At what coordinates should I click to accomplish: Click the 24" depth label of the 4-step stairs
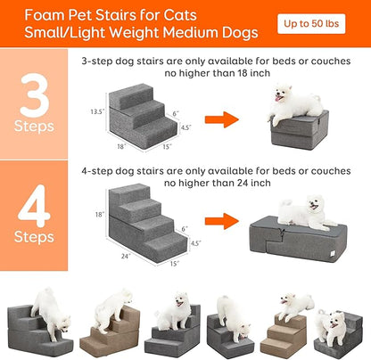(125, 256)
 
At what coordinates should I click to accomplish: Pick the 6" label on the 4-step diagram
(185, 227)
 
